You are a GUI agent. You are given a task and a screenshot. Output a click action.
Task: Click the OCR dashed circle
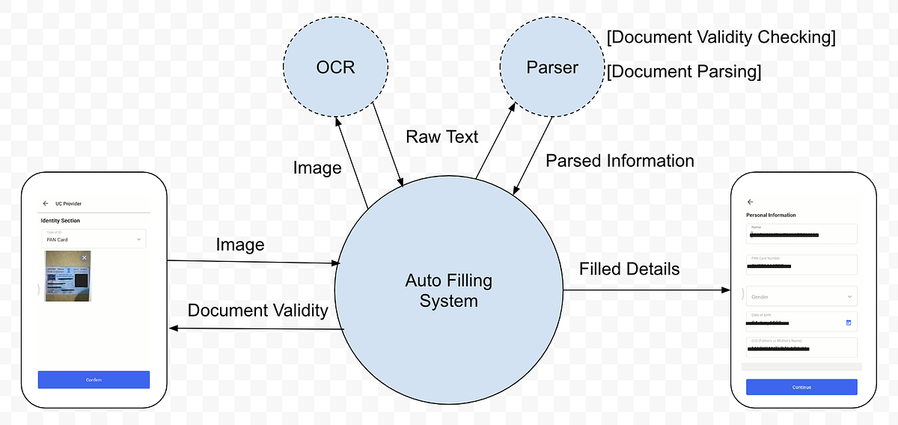(335, 67)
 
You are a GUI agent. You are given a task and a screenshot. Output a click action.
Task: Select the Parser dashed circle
(552, 67)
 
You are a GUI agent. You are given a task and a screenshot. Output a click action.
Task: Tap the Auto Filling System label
(448, 291)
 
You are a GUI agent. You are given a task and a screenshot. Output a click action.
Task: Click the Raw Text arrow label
(442, 137)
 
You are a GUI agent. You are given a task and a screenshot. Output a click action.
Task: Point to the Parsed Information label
(620, 161)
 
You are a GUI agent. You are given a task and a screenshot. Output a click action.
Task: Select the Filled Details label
(629, 269)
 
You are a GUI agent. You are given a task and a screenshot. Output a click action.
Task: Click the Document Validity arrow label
(257, 310)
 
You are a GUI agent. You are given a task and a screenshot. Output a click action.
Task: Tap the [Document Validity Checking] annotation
(721, 37)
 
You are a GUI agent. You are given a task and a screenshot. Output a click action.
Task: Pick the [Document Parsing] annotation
(684, 72)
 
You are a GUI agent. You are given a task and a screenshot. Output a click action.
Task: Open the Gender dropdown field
(801, 296)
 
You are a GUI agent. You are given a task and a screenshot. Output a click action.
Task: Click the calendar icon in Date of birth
(849, 322)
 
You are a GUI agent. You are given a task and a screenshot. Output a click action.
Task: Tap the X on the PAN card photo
(84, 257)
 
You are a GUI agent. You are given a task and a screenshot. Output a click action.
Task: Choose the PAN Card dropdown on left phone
(94, 239)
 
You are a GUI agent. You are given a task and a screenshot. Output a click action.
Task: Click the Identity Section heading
(60, 221)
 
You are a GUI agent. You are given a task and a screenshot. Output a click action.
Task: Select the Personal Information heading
(771, 215)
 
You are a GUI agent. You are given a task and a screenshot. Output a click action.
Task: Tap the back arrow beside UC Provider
(46, 203)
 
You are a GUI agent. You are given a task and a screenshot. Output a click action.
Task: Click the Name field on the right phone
(801, 233)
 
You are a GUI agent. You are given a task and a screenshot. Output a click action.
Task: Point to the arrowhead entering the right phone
(726, 290)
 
